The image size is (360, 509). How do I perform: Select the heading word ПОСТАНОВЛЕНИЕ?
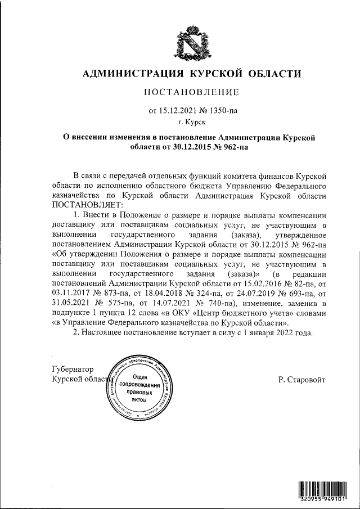tap(192, 92)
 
